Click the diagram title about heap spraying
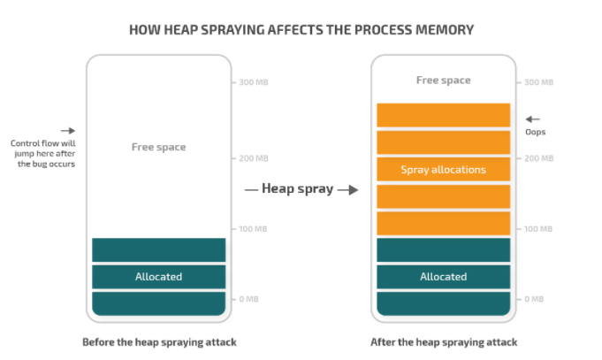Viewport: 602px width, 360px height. pos(301,29)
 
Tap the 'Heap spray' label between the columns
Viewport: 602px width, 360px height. pos(297,188)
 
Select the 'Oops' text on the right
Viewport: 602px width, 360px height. pos(535,132)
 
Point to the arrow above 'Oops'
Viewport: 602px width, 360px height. pos(532,119)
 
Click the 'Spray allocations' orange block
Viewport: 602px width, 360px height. pos(443,170)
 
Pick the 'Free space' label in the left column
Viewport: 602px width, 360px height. pos(159,147)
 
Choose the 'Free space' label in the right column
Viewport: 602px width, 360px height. pos(443,80)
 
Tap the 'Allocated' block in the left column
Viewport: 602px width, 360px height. pos(159,277)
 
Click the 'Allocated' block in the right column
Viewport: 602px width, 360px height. pos(443,277)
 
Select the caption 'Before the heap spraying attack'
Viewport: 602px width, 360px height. pos(159,342)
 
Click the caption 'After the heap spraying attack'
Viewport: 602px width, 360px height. pos(443,342)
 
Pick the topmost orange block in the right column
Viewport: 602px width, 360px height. pos(443,115)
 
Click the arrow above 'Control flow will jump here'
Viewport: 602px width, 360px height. pos(68,130)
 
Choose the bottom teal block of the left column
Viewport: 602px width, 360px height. pos(159,303)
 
